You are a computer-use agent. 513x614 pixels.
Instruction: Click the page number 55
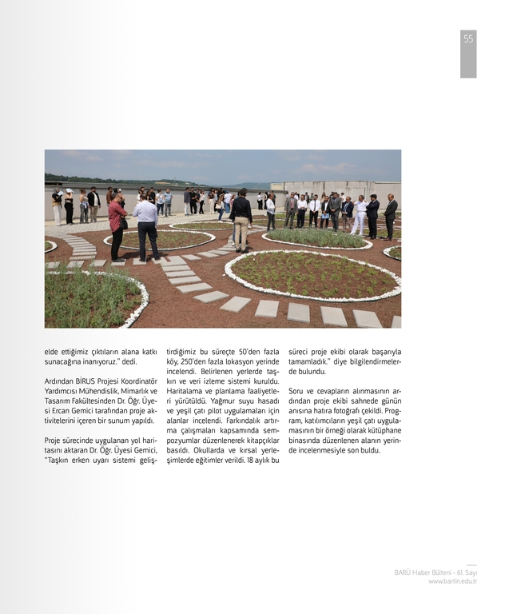(x=468, y=39)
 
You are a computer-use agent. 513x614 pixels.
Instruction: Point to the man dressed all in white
(x=361, y=216)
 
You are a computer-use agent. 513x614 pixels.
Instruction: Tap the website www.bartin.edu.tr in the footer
(x=452, y=581)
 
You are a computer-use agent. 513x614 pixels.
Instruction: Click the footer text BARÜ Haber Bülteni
(x=424, y=572)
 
